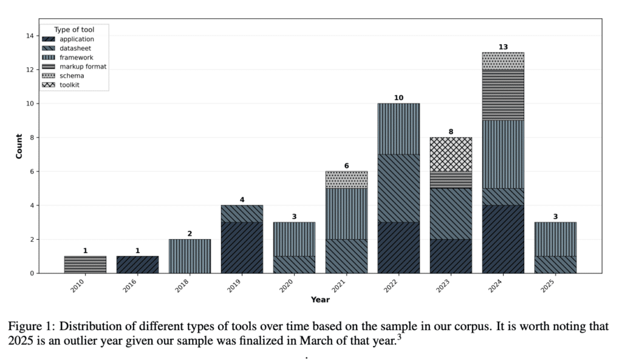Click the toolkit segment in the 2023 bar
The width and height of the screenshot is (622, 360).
pos(451,154)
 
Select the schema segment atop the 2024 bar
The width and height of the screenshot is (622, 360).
pos(503,61)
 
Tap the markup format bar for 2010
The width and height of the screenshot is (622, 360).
pos(86,265)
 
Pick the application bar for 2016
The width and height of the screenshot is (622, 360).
pos(138,265)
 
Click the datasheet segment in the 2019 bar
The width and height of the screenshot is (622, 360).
pos(242,214)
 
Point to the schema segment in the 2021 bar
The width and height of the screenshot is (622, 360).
pos(346,180)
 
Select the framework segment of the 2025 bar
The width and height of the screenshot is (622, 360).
pos(555,239)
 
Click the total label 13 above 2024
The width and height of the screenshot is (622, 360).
pos(503,47)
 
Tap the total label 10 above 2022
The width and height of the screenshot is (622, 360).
pos(398,98)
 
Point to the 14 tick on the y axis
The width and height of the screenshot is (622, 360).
pos(29,36)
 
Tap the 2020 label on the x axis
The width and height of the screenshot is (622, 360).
pos(290,284)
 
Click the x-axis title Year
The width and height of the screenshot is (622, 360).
pos(320,299)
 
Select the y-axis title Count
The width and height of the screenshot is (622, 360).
pos(19,146)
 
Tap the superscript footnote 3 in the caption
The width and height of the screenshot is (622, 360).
pos(399,337)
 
